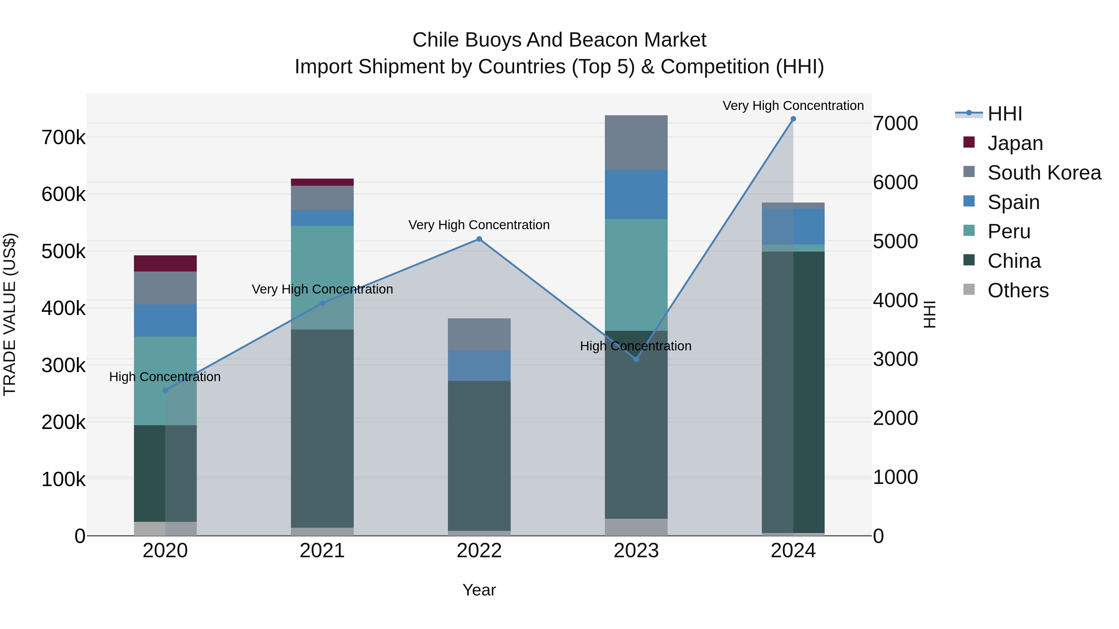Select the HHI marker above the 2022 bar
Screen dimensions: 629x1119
(479, 239)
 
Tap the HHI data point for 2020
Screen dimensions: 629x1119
(165, 390)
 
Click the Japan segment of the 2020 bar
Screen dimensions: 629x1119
(165, 263)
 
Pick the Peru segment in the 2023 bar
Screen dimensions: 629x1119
(636, 275)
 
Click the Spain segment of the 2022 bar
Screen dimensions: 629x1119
(479, 366)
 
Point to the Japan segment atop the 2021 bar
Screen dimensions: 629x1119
(322, 182)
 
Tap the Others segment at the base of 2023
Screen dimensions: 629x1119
(636, 527)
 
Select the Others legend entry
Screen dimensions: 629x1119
(1018, 290)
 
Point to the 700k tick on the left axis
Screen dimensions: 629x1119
(63, 138)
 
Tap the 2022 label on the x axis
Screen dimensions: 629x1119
(479, 551)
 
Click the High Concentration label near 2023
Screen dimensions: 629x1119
(636, 346)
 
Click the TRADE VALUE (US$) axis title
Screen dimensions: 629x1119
(10, 314)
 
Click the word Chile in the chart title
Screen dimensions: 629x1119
(436, 40)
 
